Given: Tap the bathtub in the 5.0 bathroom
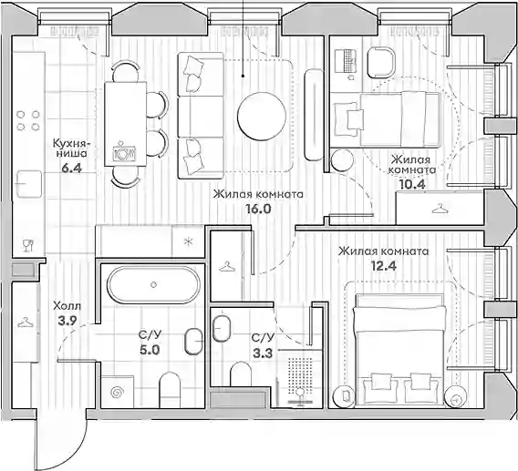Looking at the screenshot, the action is [x=153, y=285].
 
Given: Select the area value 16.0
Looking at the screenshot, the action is [x=258, y=209].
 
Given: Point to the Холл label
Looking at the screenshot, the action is [x=67, y=306].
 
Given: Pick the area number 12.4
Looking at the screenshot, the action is [x=384, y=266].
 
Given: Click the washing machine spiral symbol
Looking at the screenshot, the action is [x=118, y=392].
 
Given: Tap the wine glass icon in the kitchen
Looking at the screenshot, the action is [x=27, y=246].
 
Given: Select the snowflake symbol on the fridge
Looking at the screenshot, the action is [x=189, y=242].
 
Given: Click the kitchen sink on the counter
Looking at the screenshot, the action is [x=29, y=184].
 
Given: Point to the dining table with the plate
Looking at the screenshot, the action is [x=125, y=124].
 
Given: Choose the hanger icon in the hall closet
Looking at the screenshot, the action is [x=26, y=323].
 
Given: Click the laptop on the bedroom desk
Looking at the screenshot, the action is [x=346, y=61].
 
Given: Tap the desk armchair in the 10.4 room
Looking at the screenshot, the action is [x=381, y=63].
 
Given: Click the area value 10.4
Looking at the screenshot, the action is [x=412, y=185].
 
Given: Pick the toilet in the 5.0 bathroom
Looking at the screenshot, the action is [x=170, y=390].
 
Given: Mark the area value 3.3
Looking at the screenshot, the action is [x=263, y=353].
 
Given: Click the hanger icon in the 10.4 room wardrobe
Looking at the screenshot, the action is [x=439, y=209].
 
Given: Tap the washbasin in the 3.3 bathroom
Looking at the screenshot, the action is [x=222, y=328].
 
